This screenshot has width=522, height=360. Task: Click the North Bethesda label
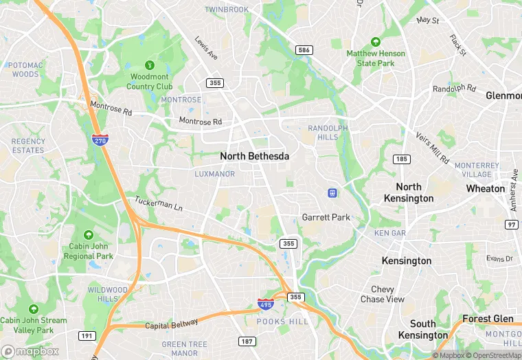click(254, 157)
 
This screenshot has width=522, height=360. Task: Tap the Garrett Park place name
click(326, 217)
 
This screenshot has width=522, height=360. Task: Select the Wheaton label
click(485, 188)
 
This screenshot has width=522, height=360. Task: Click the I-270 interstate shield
click(100, 139)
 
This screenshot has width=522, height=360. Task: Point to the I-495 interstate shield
click(266, 303)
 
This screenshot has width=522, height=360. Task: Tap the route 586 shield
click(304, 50)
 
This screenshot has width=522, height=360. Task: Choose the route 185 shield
click(402, 159)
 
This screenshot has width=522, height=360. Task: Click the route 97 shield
click(512, 225)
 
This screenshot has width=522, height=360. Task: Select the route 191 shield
click(87, 336)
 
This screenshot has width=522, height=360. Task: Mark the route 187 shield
click(247, 341)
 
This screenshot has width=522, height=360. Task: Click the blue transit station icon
click(332, 193)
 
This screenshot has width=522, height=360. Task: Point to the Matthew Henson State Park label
click(375, 58)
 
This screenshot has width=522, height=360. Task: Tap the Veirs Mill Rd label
click(433, 148)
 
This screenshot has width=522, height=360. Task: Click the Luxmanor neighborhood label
click(214, 175)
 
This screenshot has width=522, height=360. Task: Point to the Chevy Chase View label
click(383, 294)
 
